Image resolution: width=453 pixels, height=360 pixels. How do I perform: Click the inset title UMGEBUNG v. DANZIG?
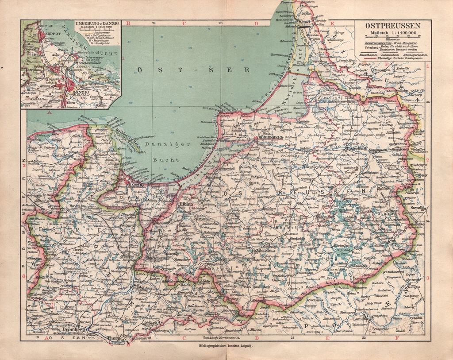(97, 23)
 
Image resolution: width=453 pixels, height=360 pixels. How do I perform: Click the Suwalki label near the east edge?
(418, 207)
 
